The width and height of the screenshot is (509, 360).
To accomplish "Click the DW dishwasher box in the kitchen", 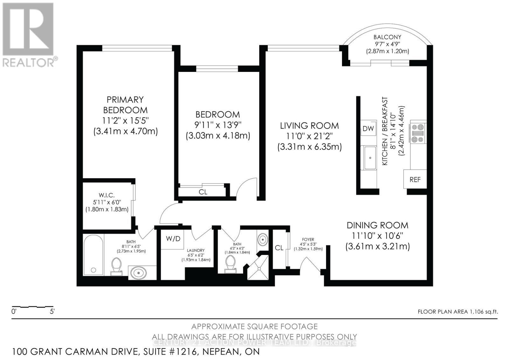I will coord(368,129).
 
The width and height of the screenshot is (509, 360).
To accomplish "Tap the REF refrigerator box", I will coord(415,180).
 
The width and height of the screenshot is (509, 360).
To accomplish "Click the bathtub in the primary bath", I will coord(93,255).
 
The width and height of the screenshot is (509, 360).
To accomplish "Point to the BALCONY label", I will coord(387,37).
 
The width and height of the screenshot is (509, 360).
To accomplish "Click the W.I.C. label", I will coord(107,195).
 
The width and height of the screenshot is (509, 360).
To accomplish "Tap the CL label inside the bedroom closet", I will coord(203,192).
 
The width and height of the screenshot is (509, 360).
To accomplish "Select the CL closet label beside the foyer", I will coord(279,248).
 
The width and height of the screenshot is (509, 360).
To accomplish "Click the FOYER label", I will coord(308,239).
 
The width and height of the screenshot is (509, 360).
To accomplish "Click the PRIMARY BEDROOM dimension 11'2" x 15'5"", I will coord(125,121).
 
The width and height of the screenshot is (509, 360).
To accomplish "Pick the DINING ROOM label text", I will coord(377,225).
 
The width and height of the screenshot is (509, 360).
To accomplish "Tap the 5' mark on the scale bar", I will coord(52,312).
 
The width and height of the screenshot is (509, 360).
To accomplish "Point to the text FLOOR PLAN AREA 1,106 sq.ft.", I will coord(457,312).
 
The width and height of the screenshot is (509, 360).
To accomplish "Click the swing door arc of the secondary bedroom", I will coord(246,188).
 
